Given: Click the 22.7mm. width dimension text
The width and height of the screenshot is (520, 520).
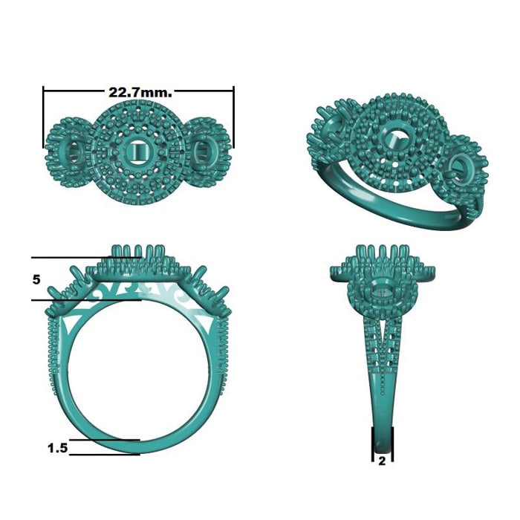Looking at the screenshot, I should (x=140, y=93).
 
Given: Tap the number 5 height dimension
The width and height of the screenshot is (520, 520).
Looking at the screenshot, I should (x=36, y=279).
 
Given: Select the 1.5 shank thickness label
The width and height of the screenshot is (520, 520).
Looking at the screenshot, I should (x=57, y=448).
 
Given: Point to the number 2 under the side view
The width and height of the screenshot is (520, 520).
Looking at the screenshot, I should (x=382, y=461).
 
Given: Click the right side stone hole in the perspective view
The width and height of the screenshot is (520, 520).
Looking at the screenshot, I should (x=461, y=166).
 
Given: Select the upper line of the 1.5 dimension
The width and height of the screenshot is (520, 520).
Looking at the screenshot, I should (x=104, y=440).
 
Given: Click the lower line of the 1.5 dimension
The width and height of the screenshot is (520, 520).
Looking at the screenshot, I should (x=104, y=454).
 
